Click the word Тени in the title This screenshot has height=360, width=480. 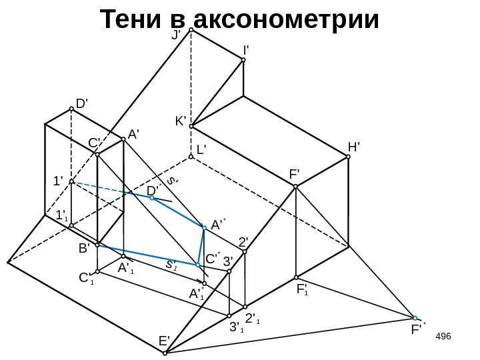134,20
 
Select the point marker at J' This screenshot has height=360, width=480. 191,30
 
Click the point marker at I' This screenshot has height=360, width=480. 243,60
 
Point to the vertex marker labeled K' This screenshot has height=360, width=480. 191,125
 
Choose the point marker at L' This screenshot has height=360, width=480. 191,157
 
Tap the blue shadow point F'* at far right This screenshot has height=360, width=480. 415,318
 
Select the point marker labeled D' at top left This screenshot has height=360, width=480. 71,110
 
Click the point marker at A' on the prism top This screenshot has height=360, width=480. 123,139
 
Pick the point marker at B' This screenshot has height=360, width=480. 97,245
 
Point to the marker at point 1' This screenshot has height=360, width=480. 71,182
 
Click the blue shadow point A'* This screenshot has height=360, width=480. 205,227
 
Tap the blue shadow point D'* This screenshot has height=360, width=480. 152,198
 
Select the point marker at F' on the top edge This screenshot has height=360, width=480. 296,187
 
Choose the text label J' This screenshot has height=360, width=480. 177,35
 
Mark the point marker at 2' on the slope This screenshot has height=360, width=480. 245,254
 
